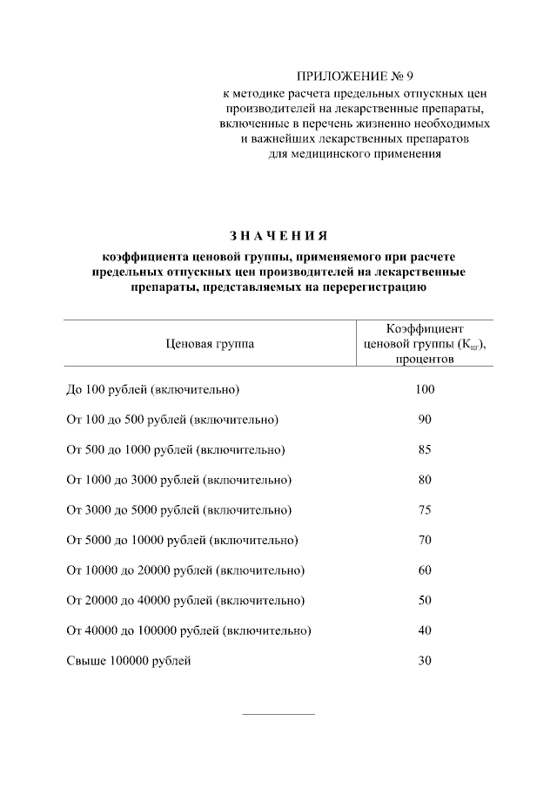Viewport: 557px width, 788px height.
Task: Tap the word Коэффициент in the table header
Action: tap(425, 328)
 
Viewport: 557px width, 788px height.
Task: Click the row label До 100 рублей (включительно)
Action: tap(152, 389)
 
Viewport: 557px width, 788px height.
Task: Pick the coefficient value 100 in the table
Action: tap(425, 389)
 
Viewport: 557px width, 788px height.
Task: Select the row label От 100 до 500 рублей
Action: tap(172, 420)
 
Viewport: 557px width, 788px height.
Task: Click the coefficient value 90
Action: tap(425, 420)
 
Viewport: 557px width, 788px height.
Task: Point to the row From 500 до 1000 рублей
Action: tap(176, 450)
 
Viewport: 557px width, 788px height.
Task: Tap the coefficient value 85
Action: tap(425, 450)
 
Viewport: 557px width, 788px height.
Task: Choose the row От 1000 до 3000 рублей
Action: tap(178, 480)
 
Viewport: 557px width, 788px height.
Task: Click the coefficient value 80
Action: tap(425, 480)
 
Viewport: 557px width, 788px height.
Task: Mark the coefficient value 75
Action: tap(425, 510)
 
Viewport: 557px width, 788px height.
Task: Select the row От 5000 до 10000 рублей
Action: tap(182, 541)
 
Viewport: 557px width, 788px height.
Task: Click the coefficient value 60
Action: tap(425, 570)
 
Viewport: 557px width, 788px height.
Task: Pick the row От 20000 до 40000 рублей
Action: tap(185, 601)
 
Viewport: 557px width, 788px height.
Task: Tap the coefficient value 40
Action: tap(425, 630)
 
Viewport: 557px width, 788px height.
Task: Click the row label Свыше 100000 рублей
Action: tap(129, 661)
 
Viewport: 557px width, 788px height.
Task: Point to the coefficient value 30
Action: tap(425, 661)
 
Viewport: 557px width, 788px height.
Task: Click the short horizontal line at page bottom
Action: tap(278, 715)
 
